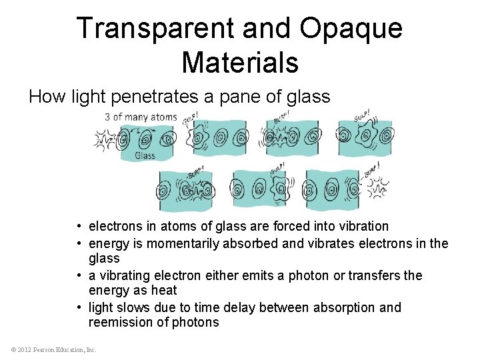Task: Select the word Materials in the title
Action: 239,62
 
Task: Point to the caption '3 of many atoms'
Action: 141,118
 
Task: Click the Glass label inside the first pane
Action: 145,155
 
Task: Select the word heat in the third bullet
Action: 163,291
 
